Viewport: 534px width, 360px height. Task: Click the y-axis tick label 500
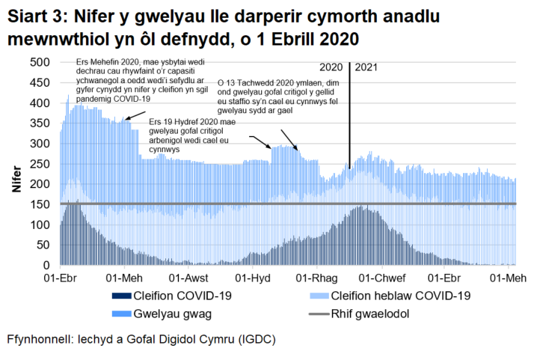click(40, 62)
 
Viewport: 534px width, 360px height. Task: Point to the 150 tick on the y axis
click(40, 204)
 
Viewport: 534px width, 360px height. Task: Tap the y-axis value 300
click(40, 144)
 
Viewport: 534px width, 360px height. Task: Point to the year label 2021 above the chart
click(366, 68)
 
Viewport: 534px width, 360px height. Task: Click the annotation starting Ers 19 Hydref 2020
click(192, 134)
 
